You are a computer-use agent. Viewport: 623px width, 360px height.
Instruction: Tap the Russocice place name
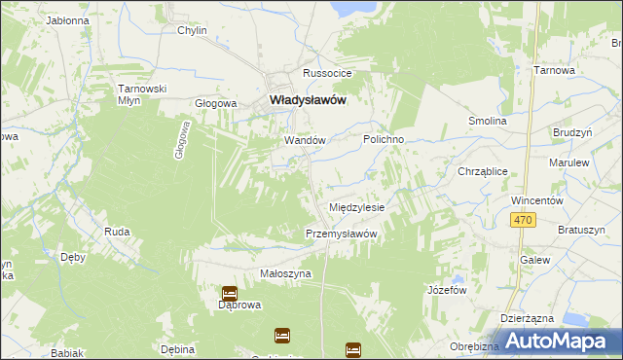326,74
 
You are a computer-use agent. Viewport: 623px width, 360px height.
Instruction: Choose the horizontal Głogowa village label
216,103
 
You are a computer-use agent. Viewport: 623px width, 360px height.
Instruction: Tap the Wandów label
304,140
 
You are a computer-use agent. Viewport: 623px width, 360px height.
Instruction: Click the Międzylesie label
357,208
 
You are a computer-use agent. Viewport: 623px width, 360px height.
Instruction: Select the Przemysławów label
341,234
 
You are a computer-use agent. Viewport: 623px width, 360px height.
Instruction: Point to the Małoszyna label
285,274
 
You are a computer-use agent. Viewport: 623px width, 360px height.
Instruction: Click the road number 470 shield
523,221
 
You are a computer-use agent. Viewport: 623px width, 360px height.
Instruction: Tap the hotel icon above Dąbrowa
229,292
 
